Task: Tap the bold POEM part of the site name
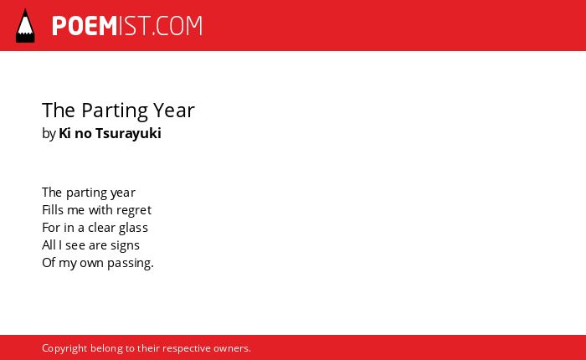[85, 26]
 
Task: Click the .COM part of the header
[177, 26]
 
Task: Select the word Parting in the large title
[115, 111]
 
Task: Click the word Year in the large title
[174, 111]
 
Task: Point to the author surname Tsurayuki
[128, 133]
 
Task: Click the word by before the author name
[49, 134]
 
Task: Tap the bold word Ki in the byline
[64, 133]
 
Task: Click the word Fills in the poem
[53, 209]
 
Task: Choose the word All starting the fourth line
[49, 244]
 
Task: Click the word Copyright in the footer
[64, 348]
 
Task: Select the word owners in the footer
[230, 349]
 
